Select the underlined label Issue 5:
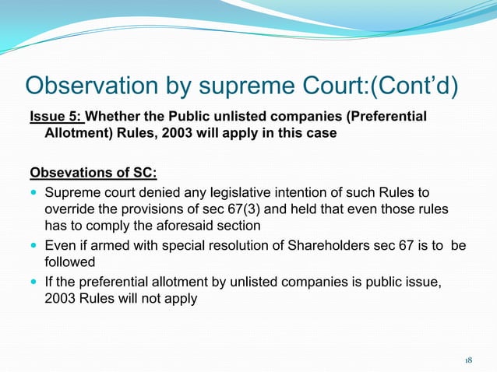click(x=55, y=118)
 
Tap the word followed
click(x=69, y=264)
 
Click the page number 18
click(x=468, y=360)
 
